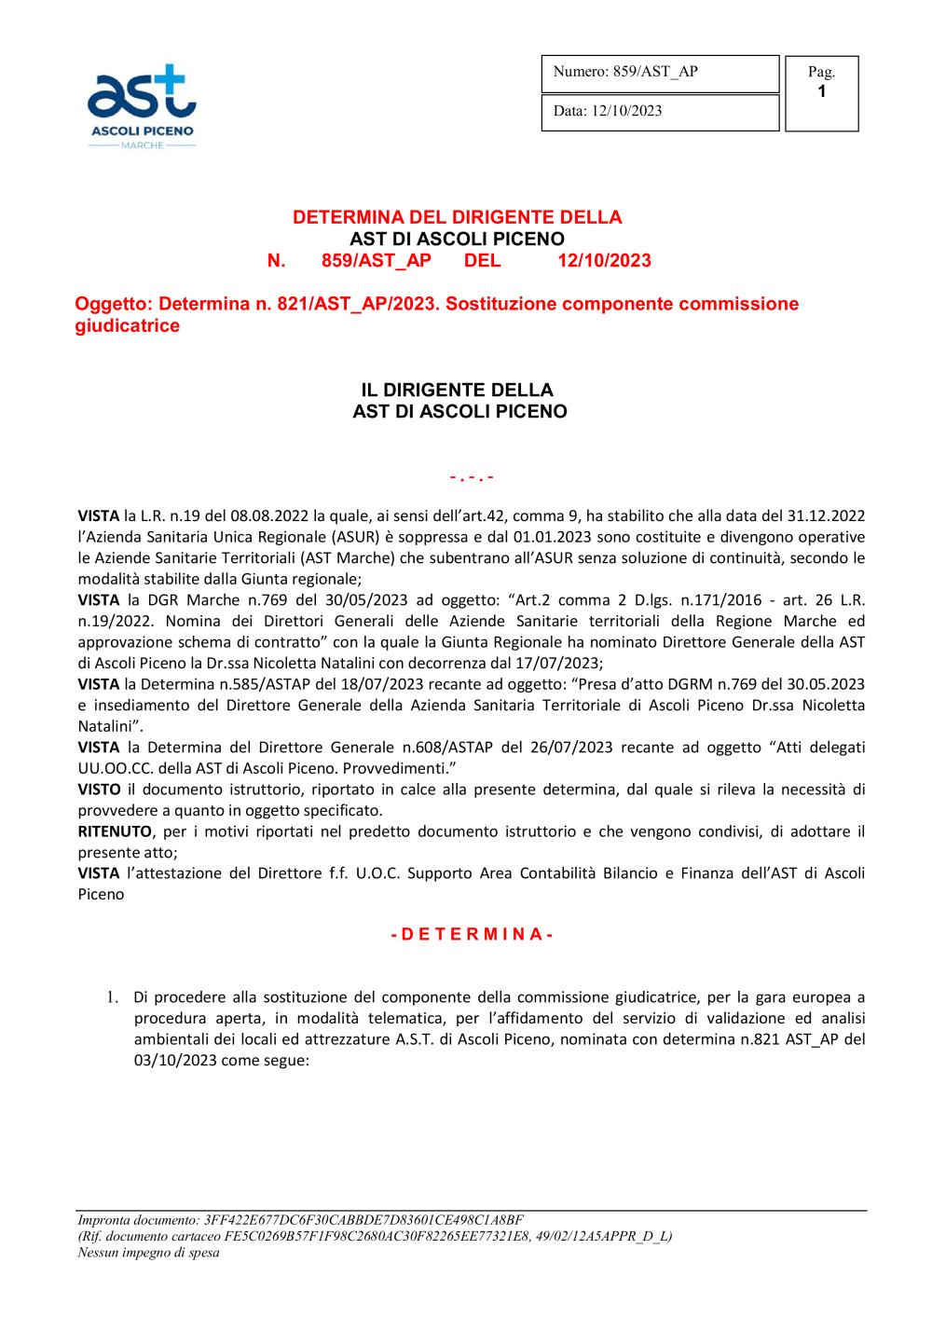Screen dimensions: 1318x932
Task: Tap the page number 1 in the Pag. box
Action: tap(821, 92)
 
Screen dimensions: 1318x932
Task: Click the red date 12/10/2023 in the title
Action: tap(604, 261)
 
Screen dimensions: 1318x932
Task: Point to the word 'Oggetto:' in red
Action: tap(114, 304)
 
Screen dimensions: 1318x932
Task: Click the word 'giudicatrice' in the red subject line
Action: tap(128, 326)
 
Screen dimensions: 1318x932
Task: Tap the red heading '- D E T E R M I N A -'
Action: tap(472, 934)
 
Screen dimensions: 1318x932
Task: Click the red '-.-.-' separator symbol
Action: tap(472, 477)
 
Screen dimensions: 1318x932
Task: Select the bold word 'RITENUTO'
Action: tap(115, 831)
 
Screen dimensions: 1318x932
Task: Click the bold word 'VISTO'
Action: tap(100, 789)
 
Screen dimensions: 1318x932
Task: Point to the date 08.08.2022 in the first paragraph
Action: tap(269, 516)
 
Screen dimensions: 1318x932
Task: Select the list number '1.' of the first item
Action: tap(112, 997)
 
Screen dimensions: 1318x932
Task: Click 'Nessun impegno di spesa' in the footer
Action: tap(148, 1253)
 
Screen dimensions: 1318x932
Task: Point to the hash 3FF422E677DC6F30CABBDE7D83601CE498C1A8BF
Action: tap(363, 1220)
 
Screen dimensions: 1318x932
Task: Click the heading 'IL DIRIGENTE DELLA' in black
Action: tap(458, 391)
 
